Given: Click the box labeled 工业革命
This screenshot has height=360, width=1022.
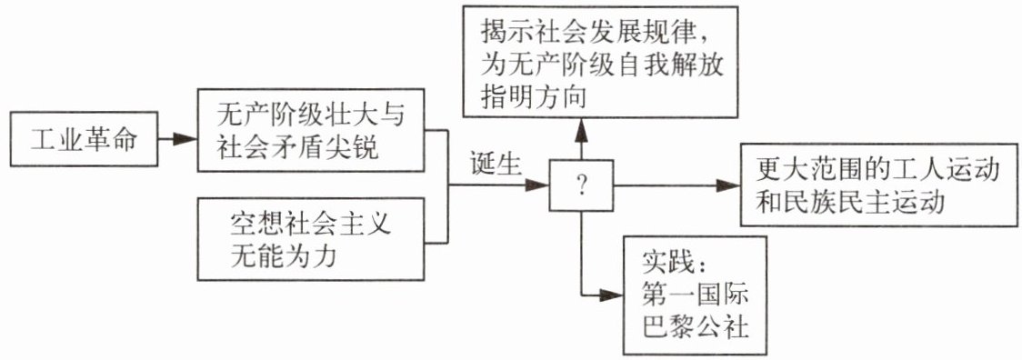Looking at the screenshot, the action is [84, 139].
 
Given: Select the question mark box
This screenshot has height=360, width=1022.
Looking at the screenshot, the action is [581, 186].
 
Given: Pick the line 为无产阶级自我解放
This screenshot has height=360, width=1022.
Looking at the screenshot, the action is [602, 65].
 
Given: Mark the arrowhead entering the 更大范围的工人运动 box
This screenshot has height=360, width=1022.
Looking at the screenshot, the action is [727, 186].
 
